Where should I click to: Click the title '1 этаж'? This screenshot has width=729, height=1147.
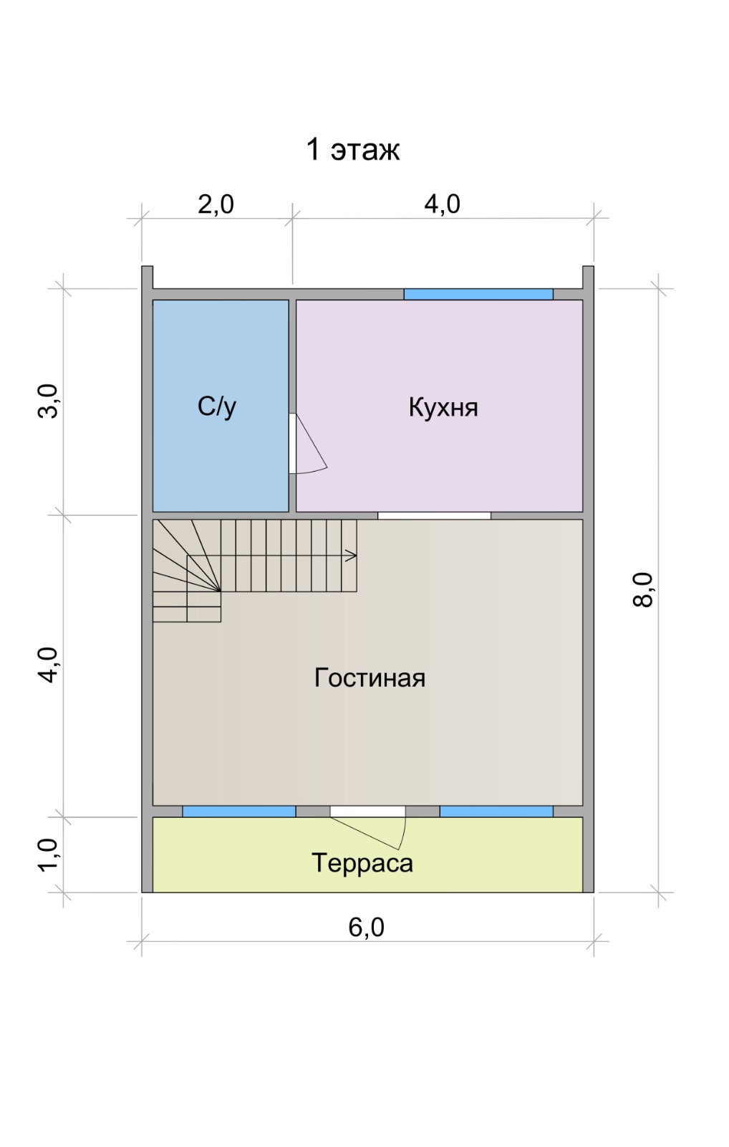pyautogui.click(x=352, y=150)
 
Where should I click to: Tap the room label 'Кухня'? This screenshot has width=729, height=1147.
pyautogui.click(x=443, y=408)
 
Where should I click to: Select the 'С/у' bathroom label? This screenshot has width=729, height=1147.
pyautogui.click(x=216, y=407)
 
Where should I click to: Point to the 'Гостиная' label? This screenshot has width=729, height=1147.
pyautogui.click(x=370, y=677)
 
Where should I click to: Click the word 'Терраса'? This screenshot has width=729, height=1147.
pyautogui.click(x=362, y=862)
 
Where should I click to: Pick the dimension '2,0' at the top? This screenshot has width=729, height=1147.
pyautogui.click(x=216, y=204)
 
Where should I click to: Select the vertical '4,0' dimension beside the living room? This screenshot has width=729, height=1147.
pyautogui.click(x=49, y=665)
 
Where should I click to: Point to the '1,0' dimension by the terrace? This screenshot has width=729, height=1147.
pyautogui.click(x=49, y=855)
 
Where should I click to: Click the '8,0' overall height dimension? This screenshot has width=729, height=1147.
pyautogui.click(x=643, y=589)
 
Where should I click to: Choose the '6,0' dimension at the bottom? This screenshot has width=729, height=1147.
pyautogui.click(x=367, y=928)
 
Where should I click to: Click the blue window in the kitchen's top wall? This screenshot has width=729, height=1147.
pyautogui.click(x=478, y=295)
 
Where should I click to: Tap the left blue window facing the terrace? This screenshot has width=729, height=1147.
pyautogui.click(x=239, y=812)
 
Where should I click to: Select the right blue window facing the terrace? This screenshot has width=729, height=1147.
pyautogui.click(x=496, y=812)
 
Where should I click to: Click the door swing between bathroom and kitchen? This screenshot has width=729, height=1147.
pyautogui.click(x=311, y=444)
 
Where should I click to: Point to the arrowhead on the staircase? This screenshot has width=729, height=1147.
pyautogui.click(x=352, y=556)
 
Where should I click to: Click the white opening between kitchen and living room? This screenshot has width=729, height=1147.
pyautogui.click(x=435, y=515)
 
